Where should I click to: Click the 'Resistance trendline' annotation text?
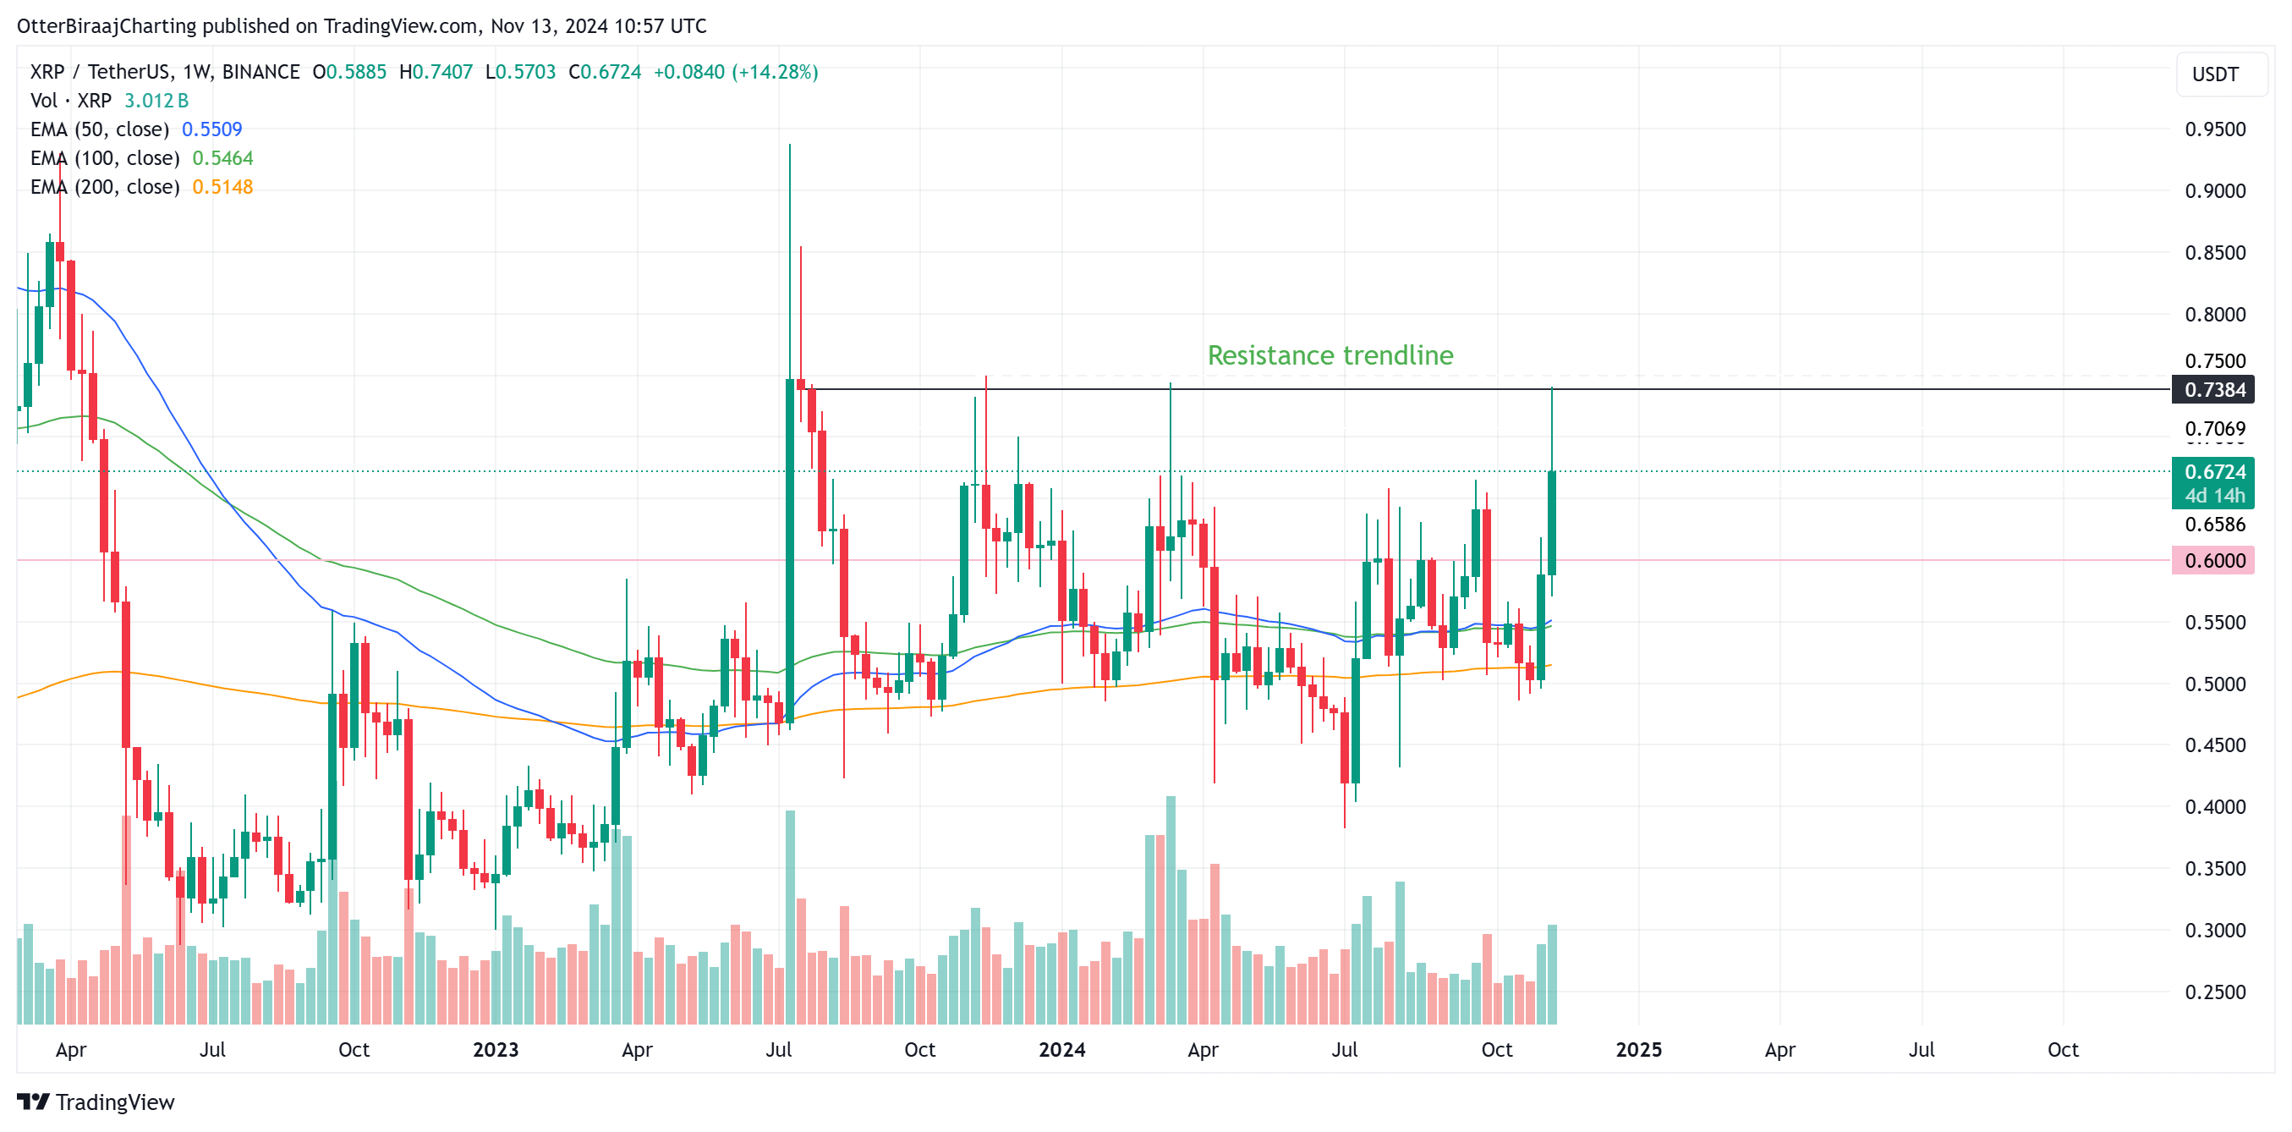(1330, 355)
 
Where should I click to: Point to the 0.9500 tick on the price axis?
(2214, 129)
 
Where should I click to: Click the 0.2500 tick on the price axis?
(2214, 992)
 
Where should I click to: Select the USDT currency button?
(2214, 74)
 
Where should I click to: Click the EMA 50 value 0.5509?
(211, 129)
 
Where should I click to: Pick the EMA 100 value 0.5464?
(222, 157)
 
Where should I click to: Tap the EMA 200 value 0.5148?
(222, 187)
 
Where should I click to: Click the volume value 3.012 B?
(156, 101)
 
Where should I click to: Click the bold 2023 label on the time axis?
(496, 1049)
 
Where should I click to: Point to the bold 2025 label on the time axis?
(1638, 1049)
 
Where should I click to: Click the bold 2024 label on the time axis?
(1061, 1049)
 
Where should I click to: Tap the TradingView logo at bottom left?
(96, 1102)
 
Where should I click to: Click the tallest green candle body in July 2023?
(789, 552)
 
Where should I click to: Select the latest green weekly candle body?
(1552, 524)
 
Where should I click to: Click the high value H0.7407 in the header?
(436, 72)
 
